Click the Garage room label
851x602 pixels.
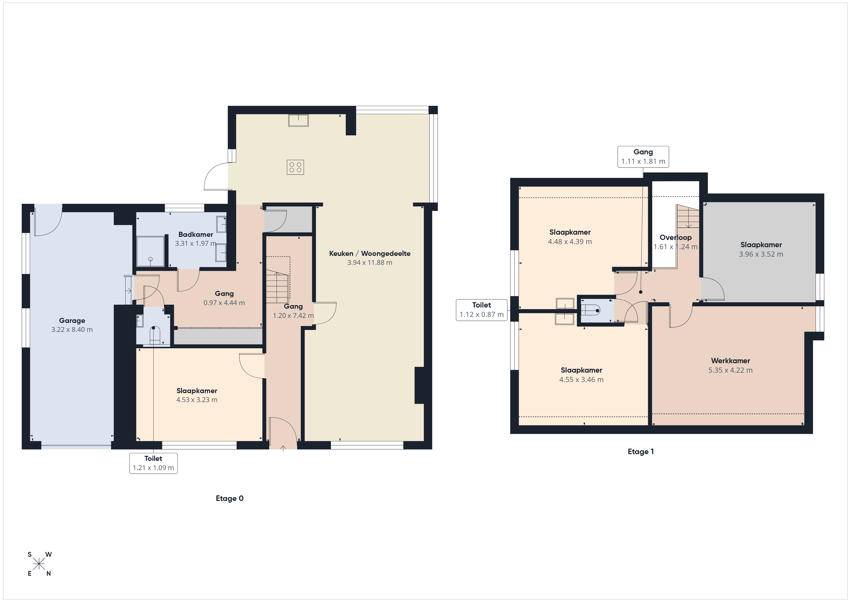click(72, 321)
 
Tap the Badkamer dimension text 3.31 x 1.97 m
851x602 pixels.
click(196, 244)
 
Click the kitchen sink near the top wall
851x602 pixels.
click(298, 121)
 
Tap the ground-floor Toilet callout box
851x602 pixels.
click(153, 463)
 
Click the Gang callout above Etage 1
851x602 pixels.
click(643, 157)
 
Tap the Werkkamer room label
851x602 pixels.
click(731, 361)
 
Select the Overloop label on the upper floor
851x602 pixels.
click(676, 238)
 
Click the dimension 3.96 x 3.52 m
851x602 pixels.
click(761, 254)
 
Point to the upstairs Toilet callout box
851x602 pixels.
click(481, 310)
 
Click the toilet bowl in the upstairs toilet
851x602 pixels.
click(590, 310)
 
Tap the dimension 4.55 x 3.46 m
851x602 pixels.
click(581, 380)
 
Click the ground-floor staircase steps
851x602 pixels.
click(277, 287)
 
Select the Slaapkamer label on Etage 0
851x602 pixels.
click(197, 391)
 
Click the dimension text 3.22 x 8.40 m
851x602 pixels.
click(72, 329)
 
